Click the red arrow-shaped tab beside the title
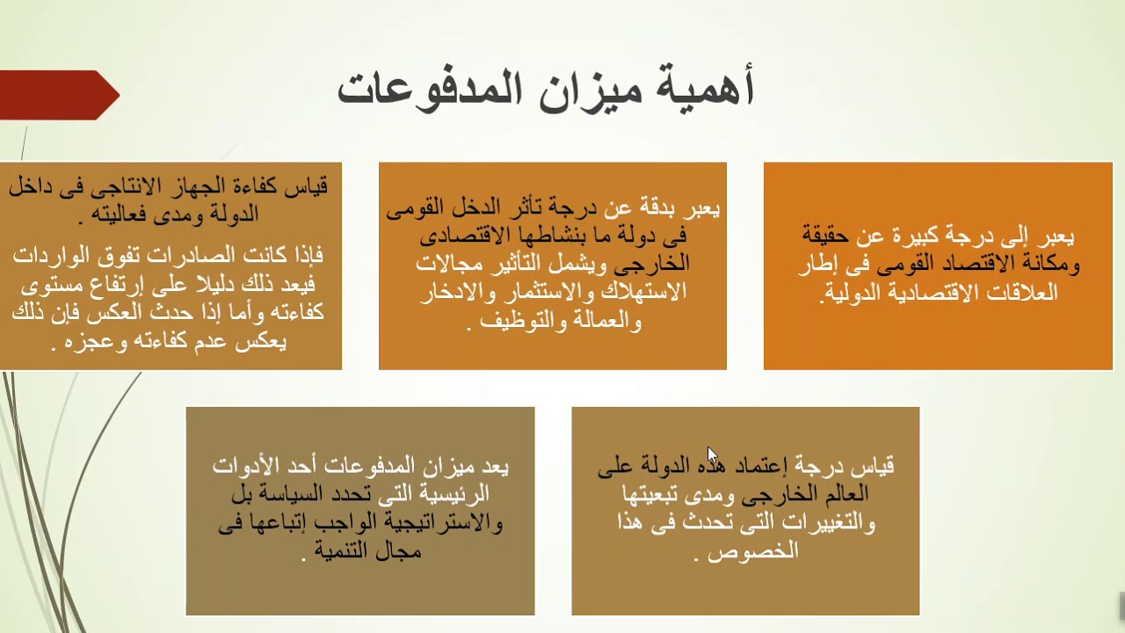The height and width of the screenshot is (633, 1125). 58,95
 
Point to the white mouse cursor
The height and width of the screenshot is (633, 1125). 712,456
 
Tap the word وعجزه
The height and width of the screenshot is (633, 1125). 86,342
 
